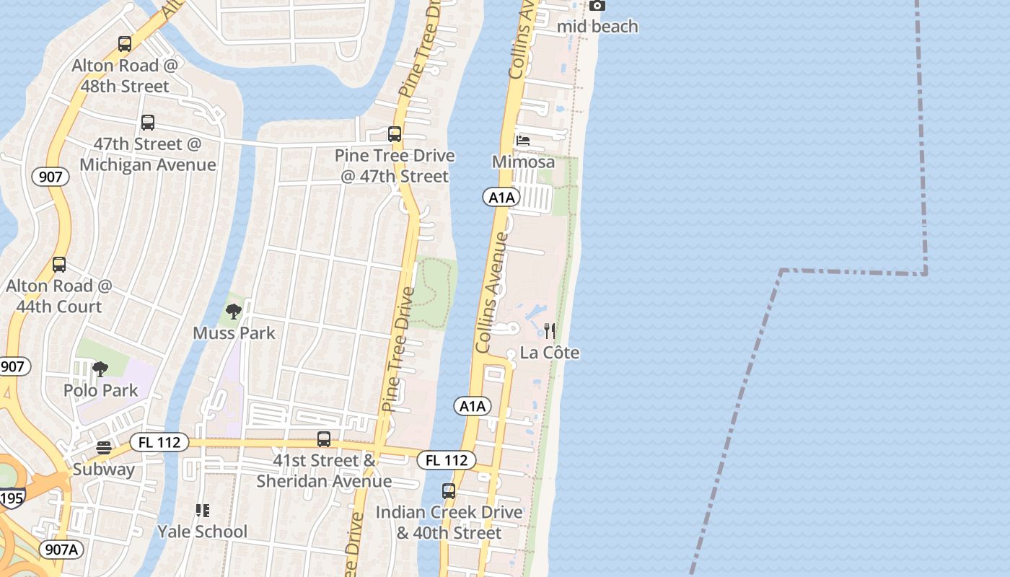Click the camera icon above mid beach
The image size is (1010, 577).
[597, 6]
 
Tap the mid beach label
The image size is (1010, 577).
[598, 27]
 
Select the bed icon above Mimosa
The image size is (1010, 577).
[523, 140]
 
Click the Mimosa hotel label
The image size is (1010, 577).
[523, 162]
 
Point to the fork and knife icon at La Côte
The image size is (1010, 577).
[550, 331]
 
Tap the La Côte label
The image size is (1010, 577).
[550, 353]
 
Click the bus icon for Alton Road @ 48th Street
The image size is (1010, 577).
[125, 44]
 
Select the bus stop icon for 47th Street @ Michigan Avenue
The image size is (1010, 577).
[148, 123]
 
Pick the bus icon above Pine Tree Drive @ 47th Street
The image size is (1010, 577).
[395, 134]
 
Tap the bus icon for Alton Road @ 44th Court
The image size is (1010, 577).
[59, 265]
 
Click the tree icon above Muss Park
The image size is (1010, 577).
[233, 312]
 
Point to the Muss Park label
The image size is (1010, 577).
[234, 333]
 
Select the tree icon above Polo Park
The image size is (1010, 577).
[100, 369]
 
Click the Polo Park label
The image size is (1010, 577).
[100, 390]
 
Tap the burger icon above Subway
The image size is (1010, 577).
[104, 448]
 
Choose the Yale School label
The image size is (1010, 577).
[203, 532]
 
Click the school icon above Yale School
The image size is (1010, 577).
[203, 511]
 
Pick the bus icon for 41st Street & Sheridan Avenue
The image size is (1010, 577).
[324, 439]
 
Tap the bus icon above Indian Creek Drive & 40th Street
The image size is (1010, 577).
[449, 491]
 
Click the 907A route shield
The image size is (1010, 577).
[61, 550]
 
